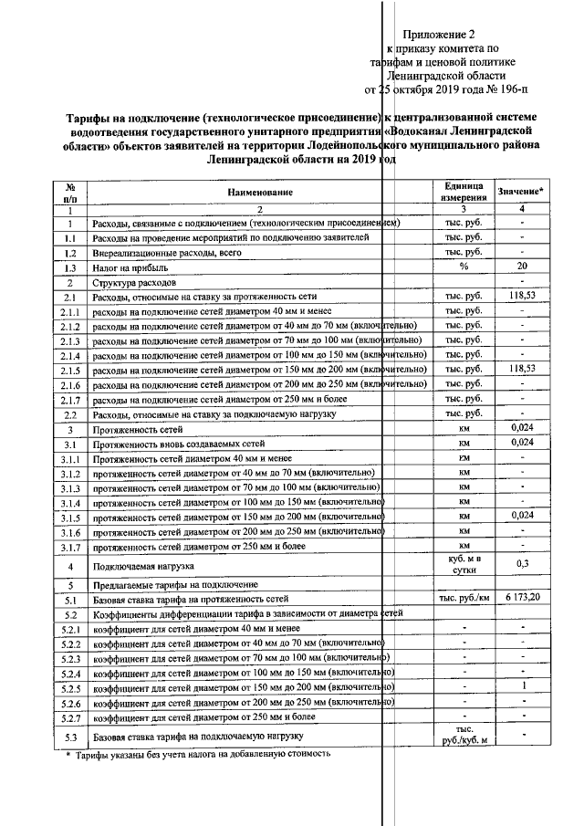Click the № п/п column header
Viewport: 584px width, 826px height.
(69, 192)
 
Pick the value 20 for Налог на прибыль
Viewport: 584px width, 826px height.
(522, 267)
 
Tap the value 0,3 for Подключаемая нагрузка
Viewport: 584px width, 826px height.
(522, 563)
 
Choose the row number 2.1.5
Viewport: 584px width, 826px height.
(69, 370)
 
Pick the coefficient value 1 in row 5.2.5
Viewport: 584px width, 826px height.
(522, 686)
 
